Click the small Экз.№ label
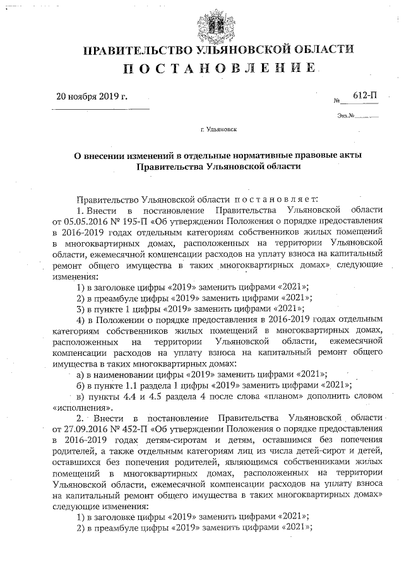[x=347, y=115]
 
